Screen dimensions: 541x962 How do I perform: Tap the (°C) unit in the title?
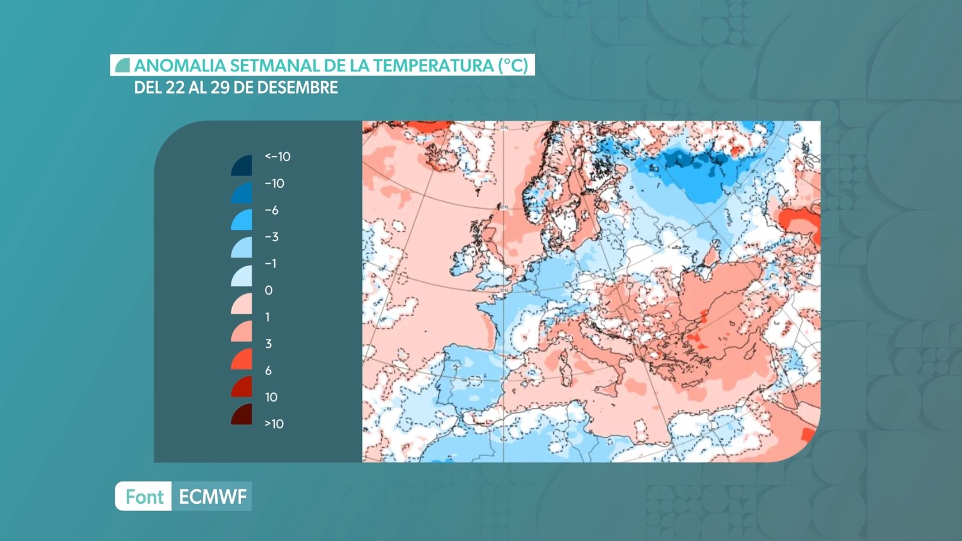pyautogui.click(x=513, y=66)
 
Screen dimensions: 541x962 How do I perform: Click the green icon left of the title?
pyautogui.click(x=123, y=66)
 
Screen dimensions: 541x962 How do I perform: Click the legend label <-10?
pyautogui.click(x=277, y=157)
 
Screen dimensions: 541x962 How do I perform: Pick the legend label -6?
pyautogui.click(x=272, y=210)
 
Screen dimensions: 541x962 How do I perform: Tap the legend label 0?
pyautogui.click(x=268, y=290)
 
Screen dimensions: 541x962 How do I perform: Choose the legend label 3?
pyautogui.click(x=268, y=344)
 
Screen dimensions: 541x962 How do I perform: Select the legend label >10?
pyautogui.click(x=274, y=424)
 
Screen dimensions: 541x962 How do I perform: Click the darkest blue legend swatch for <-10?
pyautogui.click(x=242, y=166)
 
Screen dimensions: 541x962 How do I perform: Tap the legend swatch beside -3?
pyautogui.click(x=242, y=246)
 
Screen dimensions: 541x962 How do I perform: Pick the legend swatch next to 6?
pyautogui.click(x=242, y=359)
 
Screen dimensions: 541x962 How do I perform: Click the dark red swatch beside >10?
pyautogui.click(x=242, y=415)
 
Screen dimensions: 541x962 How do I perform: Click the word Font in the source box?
pyautogui.click(x=144, y=497)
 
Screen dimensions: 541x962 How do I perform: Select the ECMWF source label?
pyautogui.click(x=212, y=497)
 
